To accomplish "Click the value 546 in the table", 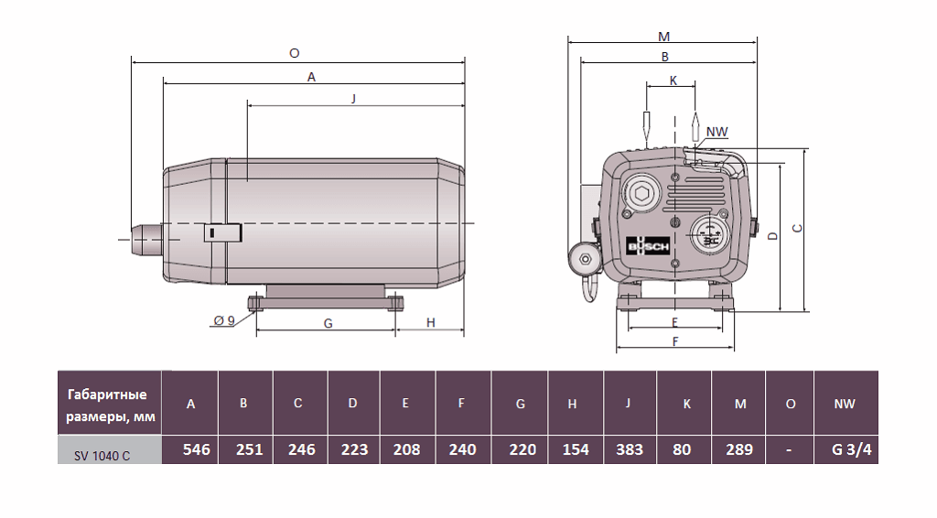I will click(x=190, y=449).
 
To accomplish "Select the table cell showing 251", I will click(x=245, y=449).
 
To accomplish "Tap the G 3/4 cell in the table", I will click(x=845, y=449).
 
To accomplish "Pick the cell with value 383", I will click(x=630, y=449).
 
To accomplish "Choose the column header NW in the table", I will click(x=845, y=404).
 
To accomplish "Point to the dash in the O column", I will click(x=789, y=449).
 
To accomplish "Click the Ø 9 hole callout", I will click(x=224, y=319).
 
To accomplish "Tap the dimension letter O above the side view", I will click(x=294, y=54).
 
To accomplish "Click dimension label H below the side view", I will click(x=430, y=322).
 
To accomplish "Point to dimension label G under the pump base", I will click(x=328, y=322).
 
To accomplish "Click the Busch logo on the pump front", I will click(x=648, y=246).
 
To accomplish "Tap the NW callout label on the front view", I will click(x=717, y=132).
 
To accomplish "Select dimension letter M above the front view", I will click(x=664, y=38).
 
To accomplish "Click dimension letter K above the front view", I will click(x=673, y=81).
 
